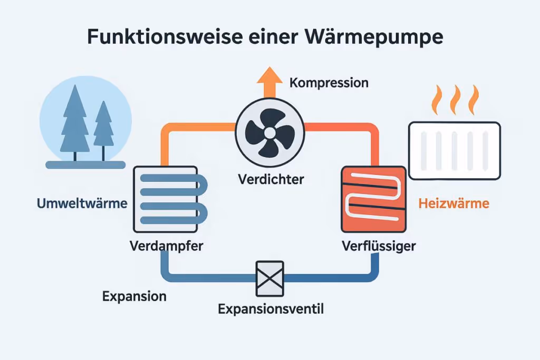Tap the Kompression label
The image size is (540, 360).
pyautogui.click(x=329, y=83)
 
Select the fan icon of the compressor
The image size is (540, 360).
pyautogui.click(x=270, y=131)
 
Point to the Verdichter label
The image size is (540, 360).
pyautogui.click(x=270, y=179)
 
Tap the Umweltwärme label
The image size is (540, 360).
pyautogui.click(x=82, y=203)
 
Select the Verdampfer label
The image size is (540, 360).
pyautogui.click(x=166, y=246)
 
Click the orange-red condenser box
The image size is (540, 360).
pyautogui.click(x=373, y=199)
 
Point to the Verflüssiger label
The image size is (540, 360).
pyautogui.click(x=378, y=246)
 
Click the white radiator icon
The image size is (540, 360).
pyautogui.click(x=455, y=150)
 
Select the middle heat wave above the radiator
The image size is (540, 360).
pyautogui.click(x=455, y=100)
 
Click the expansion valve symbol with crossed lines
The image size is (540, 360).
pyautogui.click(x=270, y=278)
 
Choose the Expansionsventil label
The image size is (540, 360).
pyautogui.click(x=271, y=309)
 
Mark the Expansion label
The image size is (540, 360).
pyautogui.click(x=134, y=296)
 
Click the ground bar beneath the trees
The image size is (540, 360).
pyautogui.click(x=85, y=165)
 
